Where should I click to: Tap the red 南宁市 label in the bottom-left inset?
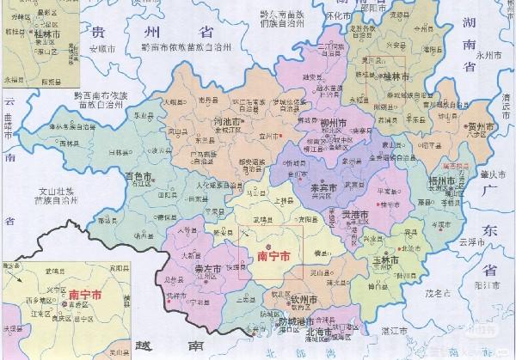(x=84, y=293)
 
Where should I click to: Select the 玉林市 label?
(x=384, y=259)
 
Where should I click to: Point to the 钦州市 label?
(x=306, y=299)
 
